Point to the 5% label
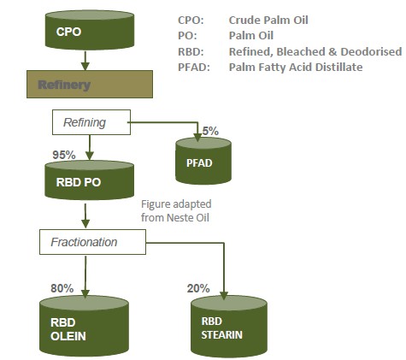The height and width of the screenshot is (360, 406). (211, 132)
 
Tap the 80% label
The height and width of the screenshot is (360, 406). (62, 288)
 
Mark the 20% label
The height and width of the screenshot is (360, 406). (199, 288)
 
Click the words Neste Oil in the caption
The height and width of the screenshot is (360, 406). (193, 217)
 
